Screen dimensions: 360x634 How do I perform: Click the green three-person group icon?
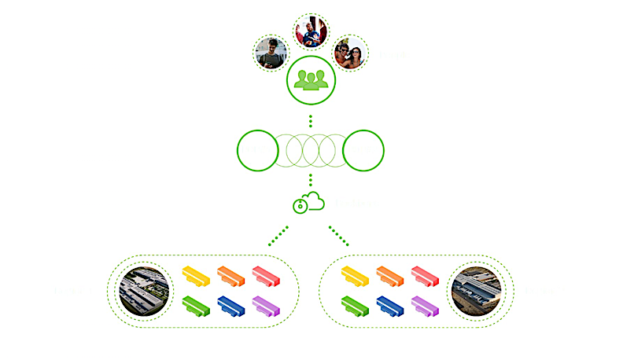(311, 79)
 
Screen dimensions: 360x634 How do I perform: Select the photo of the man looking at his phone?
(271, 53)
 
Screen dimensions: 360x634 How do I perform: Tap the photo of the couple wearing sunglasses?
(349, 53)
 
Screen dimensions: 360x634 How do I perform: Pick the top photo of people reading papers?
(311, 31)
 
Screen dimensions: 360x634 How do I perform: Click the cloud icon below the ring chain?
(309, 203)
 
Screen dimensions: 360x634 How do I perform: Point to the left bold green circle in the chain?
(256, 150)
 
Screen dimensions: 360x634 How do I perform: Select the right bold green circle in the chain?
(363, 150)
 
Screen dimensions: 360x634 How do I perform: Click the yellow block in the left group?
(197, 275)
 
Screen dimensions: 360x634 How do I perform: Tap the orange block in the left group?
(231, 275)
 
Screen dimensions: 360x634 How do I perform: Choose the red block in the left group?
(266, 275)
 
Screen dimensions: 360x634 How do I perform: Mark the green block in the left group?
(197, 305)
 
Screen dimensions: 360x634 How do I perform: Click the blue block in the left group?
(231, 305)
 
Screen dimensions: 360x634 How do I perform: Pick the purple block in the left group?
(266, 305)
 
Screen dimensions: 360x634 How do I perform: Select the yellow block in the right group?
(356, 275)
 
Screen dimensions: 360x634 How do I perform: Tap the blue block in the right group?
(390, 305)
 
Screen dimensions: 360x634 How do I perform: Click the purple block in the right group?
(425, 305)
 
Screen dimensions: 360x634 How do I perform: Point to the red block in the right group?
(425, 275)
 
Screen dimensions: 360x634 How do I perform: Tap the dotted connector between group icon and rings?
(311, 120)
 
